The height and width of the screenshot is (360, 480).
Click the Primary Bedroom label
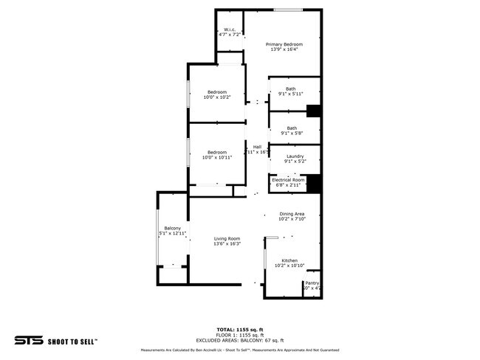tap(284, 46)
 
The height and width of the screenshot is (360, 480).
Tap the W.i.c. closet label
tap(230, 32)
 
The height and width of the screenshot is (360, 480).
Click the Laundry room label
tap(295, 159)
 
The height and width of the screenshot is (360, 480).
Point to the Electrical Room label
tap(288, 183)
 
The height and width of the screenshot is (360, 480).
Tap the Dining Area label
tap(292, 216)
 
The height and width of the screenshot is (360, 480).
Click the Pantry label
tap(312, 285)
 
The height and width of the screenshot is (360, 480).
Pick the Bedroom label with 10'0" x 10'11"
tap(217, 155)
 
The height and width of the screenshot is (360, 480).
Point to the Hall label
tap(257, 149)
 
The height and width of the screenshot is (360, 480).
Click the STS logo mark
tap(28, 341)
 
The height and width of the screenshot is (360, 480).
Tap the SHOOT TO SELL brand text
tap(72, 342)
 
